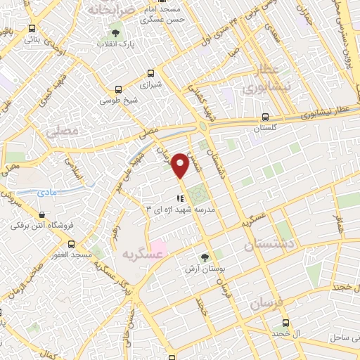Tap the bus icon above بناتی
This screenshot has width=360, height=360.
point(32,29)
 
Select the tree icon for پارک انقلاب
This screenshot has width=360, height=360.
point(115,32)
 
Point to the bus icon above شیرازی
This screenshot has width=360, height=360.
point(150,73)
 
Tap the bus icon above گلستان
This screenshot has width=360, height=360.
point(264,117)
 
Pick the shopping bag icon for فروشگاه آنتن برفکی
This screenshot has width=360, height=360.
point(43,214)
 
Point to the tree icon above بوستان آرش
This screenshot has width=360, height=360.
point(205,257)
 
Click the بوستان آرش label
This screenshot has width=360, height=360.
point(204,269)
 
